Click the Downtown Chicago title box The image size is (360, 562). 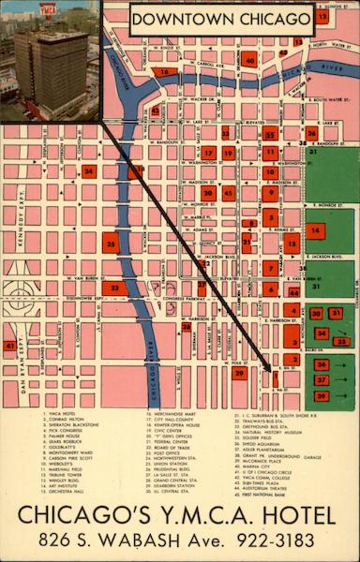point(221,19)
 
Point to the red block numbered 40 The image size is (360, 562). point(248,59)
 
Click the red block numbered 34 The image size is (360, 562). point(88,171)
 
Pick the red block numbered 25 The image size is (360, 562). point(111,244)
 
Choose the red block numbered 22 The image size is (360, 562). point(113,288)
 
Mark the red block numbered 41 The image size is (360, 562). point(9,346)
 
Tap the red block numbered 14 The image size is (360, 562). point(315,229)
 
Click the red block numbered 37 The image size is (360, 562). point(321,380)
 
